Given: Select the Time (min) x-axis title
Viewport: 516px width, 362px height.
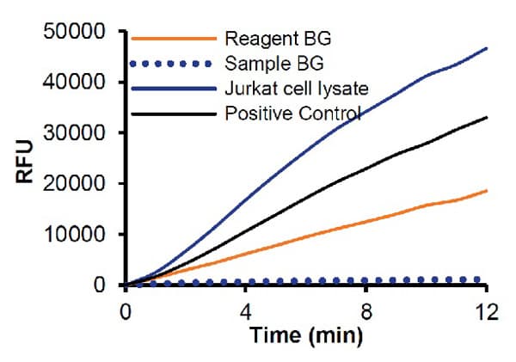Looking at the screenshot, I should click(x=306, y=336).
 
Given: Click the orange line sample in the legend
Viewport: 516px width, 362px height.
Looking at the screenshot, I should click(x=172, y=38).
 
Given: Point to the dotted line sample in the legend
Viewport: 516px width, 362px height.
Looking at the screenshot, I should click(x=172, y=63).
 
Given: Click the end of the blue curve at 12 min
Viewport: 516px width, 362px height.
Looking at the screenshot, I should click(x=487, y=48).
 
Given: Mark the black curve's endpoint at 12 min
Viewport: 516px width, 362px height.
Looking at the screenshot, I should click(x=487, y=117).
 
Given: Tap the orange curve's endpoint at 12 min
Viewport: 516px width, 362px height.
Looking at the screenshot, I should click(x=487, y=190).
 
